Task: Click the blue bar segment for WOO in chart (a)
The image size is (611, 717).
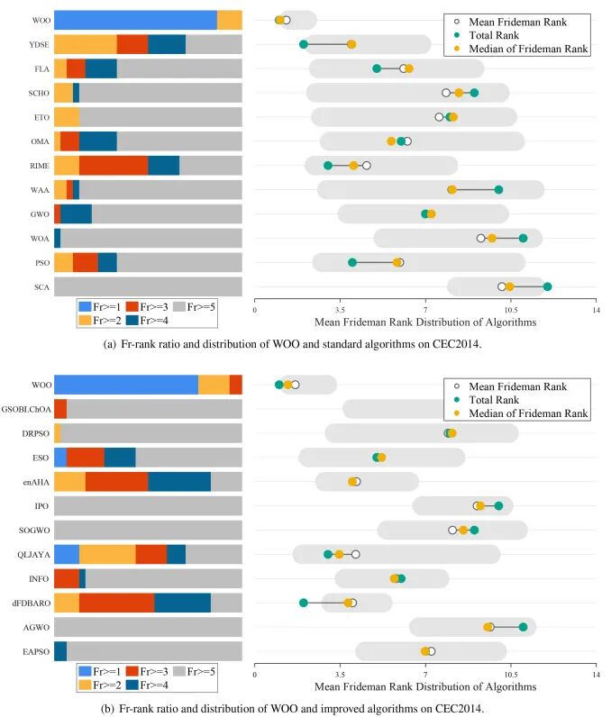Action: [x=135, y=20]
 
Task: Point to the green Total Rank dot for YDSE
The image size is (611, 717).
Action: [x=304, y=44]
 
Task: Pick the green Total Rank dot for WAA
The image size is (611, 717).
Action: [x=498, y=189]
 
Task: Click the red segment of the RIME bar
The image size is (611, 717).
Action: [x=114, y=166]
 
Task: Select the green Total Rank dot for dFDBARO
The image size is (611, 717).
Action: [x=304, y=603]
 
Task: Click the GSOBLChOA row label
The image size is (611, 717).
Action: [x=26, y=409]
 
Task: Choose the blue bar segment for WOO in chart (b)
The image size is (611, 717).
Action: [x=126, y=385]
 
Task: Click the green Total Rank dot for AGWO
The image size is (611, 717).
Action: [x=523, y=627]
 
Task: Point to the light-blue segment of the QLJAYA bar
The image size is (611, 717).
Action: [x=67, y=554]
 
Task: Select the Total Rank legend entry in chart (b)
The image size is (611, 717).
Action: [x=517, y=400]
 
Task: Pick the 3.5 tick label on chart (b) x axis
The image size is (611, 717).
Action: [x=340, y=672]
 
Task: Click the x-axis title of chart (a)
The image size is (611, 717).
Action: [x=424, y=322]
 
